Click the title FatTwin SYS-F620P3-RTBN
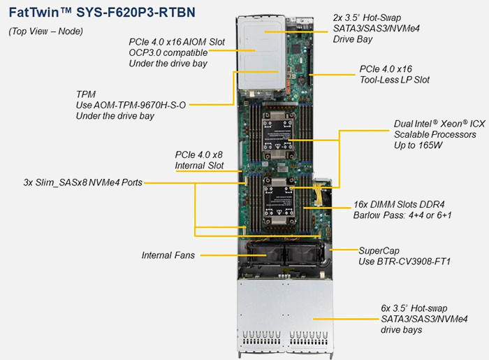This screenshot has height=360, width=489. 102,13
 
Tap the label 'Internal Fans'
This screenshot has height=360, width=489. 168,255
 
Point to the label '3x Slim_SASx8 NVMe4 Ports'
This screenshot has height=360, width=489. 82,183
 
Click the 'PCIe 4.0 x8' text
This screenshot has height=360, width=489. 199,154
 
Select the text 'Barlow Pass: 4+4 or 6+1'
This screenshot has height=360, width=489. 402,217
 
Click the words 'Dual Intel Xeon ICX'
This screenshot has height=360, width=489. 439,124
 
